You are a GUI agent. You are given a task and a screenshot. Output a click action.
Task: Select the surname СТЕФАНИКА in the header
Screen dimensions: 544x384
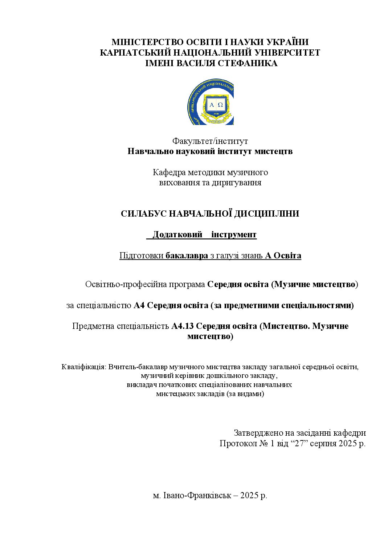pyautogui.click(x=248, y=63)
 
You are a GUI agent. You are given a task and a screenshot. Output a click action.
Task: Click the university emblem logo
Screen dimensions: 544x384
pyautogui.click(x=211, y=102)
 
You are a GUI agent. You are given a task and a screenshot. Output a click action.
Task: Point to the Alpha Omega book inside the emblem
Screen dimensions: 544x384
pyautogui.click(x=216, y=105)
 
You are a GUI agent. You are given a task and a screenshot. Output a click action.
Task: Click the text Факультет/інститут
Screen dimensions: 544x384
pyautogui.click(x=210, y=141)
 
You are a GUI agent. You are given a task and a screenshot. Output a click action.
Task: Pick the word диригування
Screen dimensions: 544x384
pyautogui.click(x=240, y=182)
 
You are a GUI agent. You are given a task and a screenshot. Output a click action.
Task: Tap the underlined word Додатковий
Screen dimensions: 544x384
pyautogui.click(x=177, y=235)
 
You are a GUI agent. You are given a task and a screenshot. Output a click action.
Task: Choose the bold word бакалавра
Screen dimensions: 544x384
pyautogui.click(x=187, y=256)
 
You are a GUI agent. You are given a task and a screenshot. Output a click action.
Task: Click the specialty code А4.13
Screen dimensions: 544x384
pyautogui.click(x=183, y=326)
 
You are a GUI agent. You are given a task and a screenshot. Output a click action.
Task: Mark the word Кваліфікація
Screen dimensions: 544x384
pyautogui.click(x=84, y=367)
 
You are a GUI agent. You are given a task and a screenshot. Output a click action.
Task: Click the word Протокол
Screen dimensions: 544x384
pyautogui.click(x=235, y=444)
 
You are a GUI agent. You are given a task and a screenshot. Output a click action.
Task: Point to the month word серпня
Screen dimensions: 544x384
pyautogui.click(x=323, y=444)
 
